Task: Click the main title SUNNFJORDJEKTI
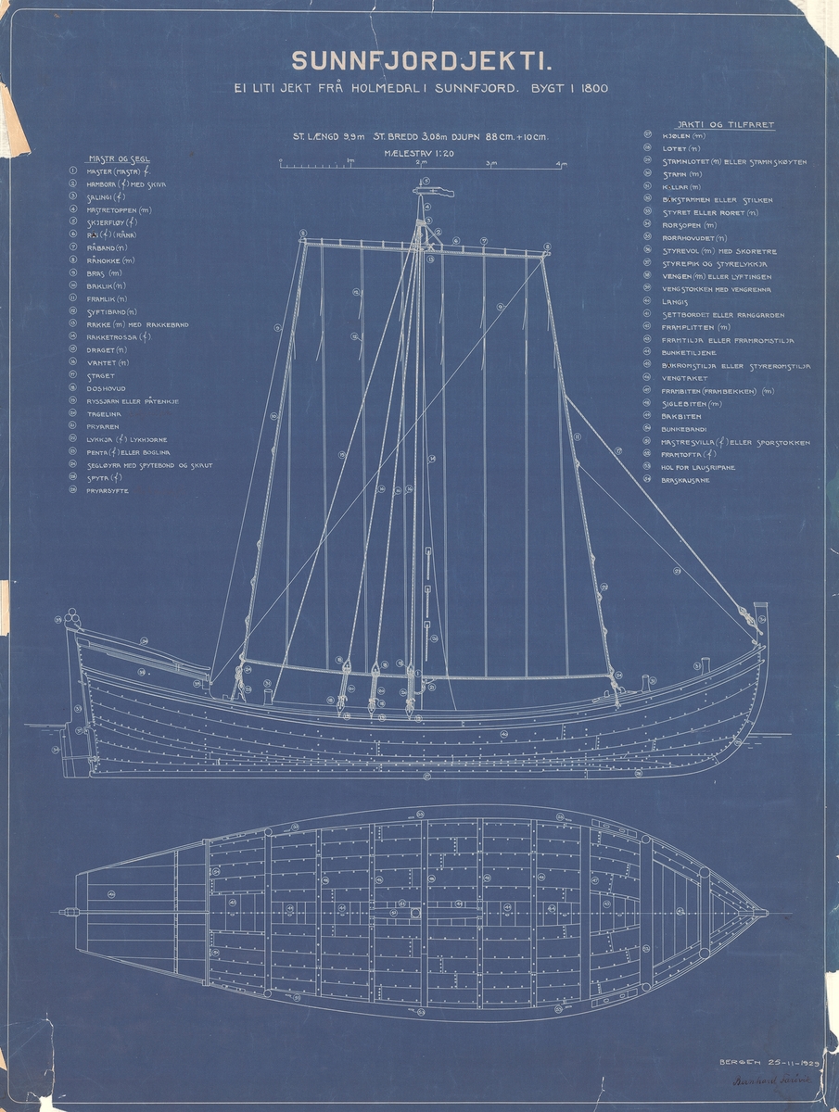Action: (x=422, y=61)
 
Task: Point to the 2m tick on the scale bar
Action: (x=422, y=163)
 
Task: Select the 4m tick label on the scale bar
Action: (x=560, y=163)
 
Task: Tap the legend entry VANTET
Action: (x=104, y=363)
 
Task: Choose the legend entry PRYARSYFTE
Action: (x=108, y=490)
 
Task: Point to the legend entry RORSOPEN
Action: (x=689, y=225)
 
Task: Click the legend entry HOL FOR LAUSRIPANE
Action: (x=698, y=467)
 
